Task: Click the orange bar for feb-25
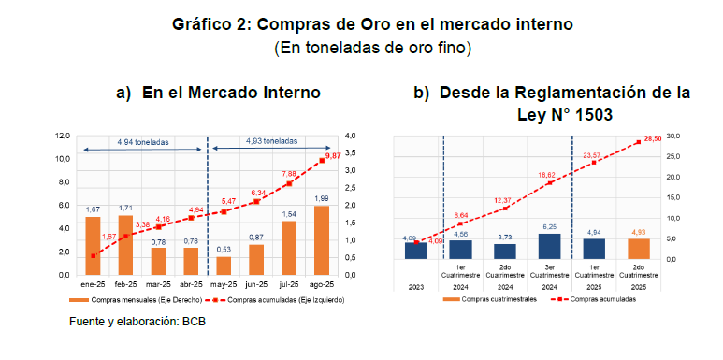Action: [x=126, y=245]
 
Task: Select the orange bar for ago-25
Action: [x=322, y=240]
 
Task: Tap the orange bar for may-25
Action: [x=224, y=266]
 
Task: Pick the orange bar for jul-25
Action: [x=289, y=249]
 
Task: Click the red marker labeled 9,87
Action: [x=322, y=161]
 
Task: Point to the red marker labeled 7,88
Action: [x=289, y=183]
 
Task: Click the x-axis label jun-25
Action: [x=256, y=284]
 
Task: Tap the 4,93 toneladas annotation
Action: [x=271, y=141]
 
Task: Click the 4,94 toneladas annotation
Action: [x=143, y=142]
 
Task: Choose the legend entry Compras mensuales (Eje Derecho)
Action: [x=137, y=300]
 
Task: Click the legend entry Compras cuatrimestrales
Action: [x=490, y=299]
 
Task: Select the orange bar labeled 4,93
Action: [x=638, y=249]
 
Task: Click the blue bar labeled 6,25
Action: [x=549, y=247]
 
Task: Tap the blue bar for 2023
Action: [x=416, y=251]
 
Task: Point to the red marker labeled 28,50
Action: [x=639, y=142]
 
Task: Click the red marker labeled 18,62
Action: [x=550, y=183]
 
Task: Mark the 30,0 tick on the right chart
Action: [x=672, y=136]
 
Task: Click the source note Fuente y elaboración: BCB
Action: [x=137, y=322]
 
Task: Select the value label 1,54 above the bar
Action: [x=289, y=214]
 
